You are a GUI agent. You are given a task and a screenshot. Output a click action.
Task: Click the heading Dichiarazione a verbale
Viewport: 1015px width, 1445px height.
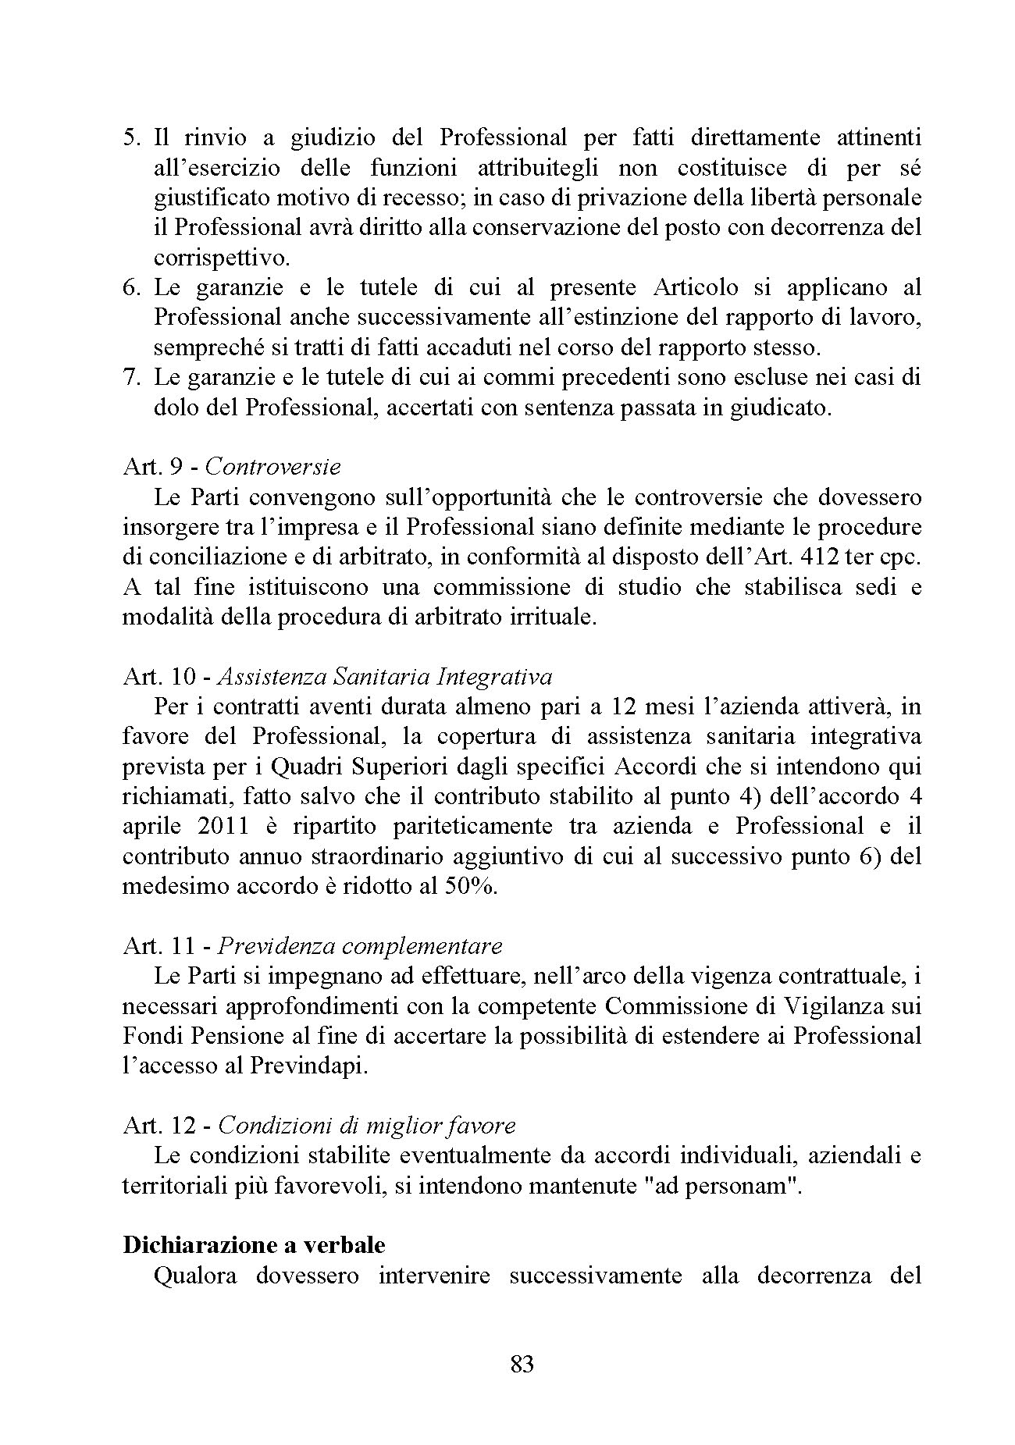(x=254, y=1244)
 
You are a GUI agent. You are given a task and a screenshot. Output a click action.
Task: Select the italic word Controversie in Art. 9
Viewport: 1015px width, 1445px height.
(x=274, y=467)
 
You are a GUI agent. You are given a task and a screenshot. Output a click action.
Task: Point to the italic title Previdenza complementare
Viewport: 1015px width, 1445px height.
(x=360, y=946)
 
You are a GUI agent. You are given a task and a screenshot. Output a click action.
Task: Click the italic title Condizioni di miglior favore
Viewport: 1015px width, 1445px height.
(x=367, y=1126)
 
